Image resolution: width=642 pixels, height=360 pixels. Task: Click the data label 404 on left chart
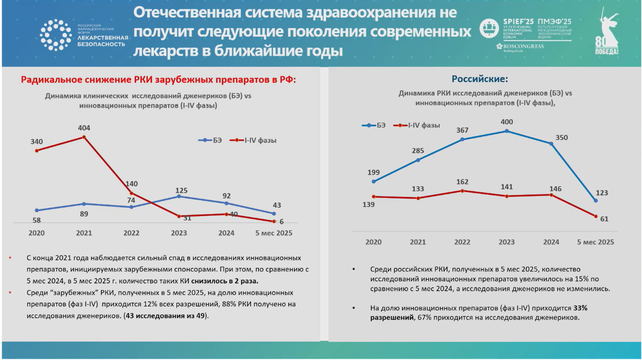[84, 128]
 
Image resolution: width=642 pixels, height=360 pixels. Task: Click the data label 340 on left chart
[36, 142]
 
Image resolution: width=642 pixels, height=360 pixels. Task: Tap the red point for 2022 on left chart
[132, 193]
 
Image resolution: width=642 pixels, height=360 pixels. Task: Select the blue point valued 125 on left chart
[179, 196]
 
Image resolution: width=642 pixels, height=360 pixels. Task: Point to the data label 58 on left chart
[36, 220]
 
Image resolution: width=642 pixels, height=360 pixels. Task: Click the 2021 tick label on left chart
[84, 233]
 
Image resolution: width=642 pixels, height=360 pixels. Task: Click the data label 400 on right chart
[507, 121]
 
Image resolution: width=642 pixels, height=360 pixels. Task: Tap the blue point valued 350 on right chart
[551, 143]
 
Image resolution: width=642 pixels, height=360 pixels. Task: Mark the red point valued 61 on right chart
[595, 216]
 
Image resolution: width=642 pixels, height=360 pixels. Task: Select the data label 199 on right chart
[373, 172]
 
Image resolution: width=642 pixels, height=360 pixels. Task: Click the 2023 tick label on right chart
[507, 242]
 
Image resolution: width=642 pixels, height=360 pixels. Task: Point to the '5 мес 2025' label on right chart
[595, 242]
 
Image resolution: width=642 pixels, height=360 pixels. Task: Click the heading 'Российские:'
[480, 79]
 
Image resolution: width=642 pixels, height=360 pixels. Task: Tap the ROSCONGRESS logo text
[519, 47]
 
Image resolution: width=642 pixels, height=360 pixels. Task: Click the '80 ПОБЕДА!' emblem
[607, 33]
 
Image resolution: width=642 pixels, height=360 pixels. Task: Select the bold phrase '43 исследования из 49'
[166, 316]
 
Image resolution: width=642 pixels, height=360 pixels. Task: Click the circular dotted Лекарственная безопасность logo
[55, 35]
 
